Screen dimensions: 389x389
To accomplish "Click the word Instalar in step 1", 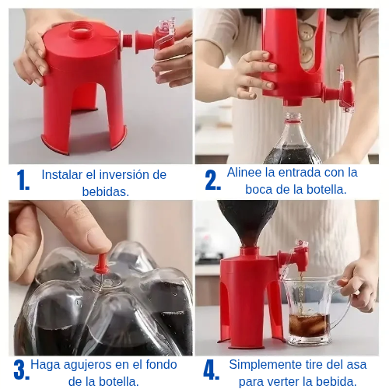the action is click(x=61, y=174).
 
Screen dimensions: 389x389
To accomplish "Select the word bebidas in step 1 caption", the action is click(x=104, y=192).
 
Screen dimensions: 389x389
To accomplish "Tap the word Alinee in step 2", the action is click(x=244, y=172).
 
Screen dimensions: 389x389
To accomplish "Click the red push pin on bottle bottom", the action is click(x=102, y=264).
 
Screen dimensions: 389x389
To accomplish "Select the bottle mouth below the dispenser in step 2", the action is click(x=293, y=117).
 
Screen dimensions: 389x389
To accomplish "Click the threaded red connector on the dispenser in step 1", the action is click(x=127, y=40).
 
